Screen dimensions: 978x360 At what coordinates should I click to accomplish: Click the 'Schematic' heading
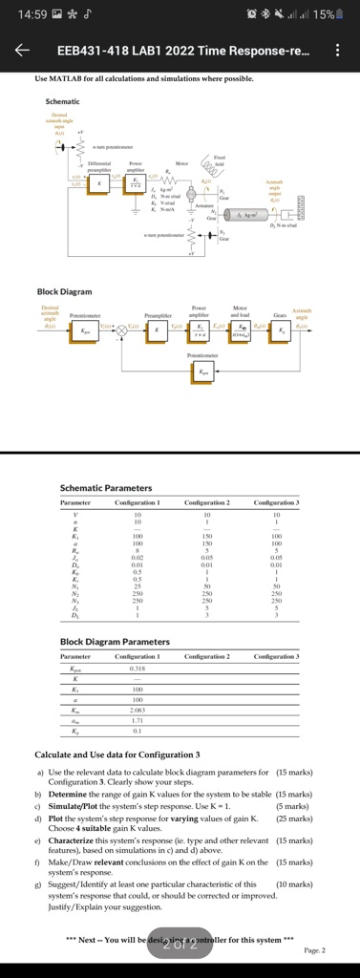[63, 101]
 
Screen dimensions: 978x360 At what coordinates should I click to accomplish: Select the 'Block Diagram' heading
[65, 291]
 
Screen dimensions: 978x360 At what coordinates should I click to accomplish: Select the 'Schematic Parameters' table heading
[105, 488]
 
